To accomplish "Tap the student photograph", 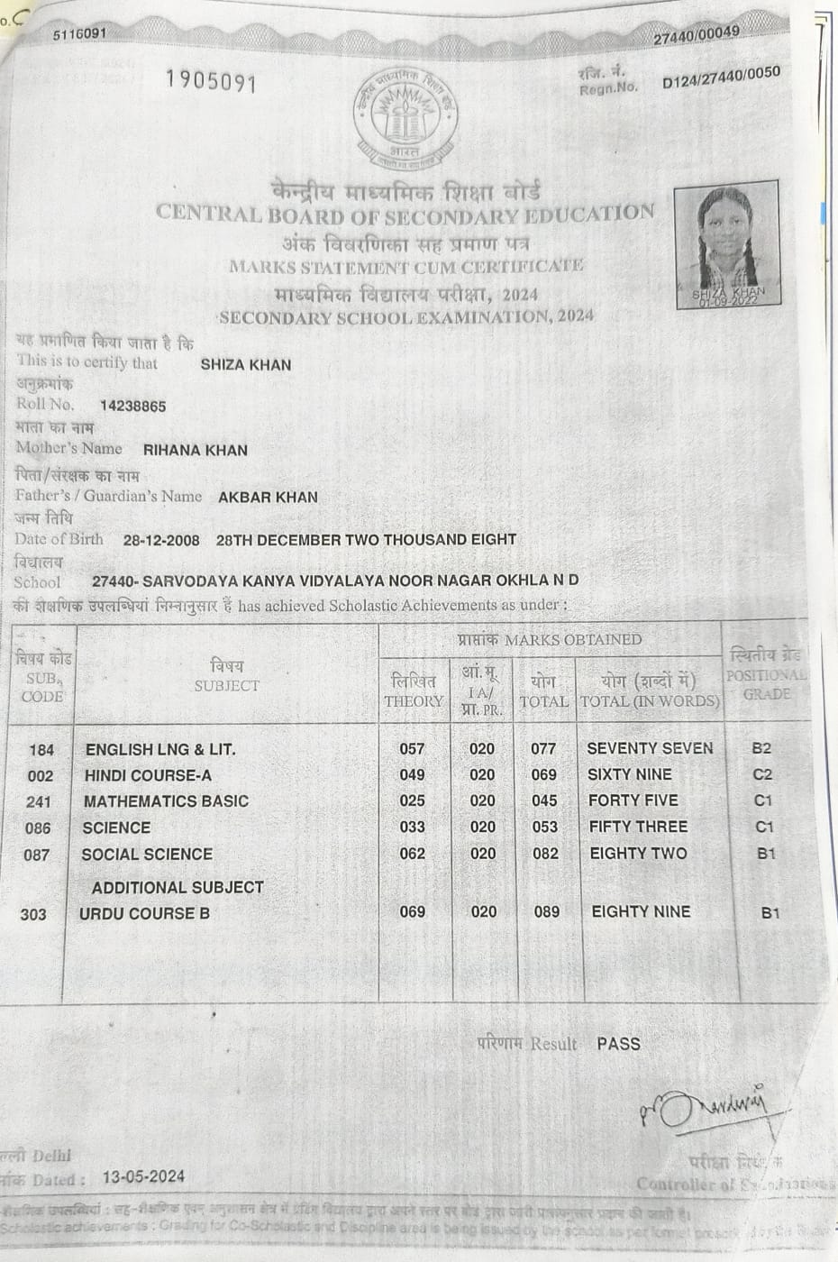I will (727, 245).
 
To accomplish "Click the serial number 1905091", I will (212, 82).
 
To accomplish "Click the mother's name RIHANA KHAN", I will (195, 451).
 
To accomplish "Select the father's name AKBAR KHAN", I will (268, 497).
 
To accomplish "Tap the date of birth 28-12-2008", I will (161, 541).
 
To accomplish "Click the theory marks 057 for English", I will (412, 748).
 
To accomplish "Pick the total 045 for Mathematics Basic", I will (544, 800).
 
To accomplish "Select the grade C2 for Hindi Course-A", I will (761, 774).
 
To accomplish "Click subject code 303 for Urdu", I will (33, 914).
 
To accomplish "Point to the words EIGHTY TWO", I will (637, 853).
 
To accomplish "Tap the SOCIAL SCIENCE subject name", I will (147, 854).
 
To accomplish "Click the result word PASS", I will (618, 1044).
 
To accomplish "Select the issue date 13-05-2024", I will (143, 1176).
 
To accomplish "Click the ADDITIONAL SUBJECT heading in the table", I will (178, 887).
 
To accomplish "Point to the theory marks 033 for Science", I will (412, 827).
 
